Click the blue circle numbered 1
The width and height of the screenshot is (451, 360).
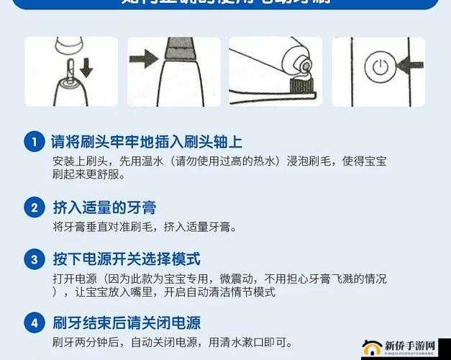[34, 142]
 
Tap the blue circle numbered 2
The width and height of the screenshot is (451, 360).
[34, 208]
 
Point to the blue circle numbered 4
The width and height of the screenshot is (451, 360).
[34, 323]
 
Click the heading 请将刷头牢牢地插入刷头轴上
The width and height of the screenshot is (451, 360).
[147, 142]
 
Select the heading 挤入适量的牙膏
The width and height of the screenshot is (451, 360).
[104, 208]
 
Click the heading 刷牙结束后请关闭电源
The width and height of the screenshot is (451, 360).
[127, 323]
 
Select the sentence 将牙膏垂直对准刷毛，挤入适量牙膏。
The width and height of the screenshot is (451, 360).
[145, 227]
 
